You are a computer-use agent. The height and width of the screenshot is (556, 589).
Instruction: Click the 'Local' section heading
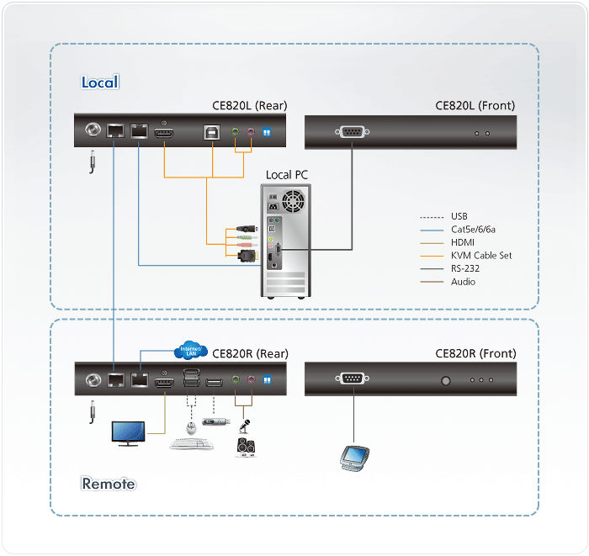[100, 82]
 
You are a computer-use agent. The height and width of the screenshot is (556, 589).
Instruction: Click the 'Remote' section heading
[109, 484]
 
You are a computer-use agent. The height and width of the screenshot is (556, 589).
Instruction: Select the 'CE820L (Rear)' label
[249, 106]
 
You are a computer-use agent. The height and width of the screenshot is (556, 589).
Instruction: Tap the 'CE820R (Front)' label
[475, 354]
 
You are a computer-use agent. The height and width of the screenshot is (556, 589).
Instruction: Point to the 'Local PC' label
[287, 175]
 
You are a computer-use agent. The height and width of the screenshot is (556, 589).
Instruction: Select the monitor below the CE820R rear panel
[132, 432]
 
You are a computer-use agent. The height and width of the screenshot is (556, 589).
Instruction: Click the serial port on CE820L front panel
[351, 132]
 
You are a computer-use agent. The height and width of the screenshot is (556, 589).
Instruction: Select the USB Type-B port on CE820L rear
[210, 132]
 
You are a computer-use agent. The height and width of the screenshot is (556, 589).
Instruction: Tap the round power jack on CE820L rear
[92, 131]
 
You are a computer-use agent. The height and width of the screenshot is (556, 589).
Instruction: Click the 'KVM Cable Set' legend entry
[481, 255]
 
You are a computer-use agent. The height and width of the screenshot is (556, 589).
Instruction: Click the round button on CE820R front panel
[446, 380]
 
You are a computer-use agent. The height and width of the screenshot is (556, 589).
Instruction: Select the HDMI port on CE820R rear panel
[165, 382]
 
